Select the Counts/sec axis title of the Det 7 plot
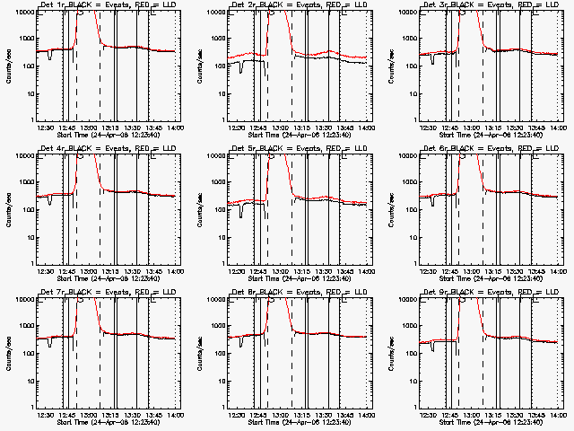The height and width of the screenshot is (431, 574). [7, 352]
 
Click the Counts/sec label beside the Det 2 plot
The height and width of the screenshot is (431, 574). [198, 66]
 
